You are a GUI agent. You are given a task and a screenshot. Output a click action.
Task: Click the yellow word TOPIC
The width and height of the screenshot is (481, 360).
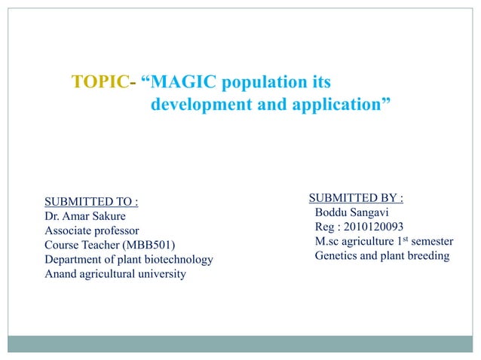pos(98,81)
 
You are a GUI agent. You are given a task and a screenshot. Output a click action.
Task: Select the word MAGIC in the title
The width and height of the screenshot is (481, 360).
pos(182,81)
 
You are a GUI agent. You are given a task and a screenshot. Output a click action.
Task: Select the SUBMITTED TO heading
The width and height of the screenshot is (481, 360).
pos(91,202)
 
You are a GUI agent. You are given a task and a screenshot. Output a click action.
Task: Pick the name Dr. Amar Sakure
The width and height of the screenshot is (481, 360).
pos(85,216)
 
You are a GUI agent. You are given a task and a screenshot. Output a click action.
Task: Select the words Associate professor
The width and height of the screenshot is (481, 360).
pos(92,230)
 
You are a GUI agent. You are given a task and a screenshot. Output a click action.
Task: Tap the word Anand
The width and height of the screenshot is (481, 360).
pos(60,273)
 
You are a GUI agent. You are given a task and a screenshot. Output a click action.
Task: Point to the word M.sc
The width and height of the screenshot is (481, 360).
pos(328,242)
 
